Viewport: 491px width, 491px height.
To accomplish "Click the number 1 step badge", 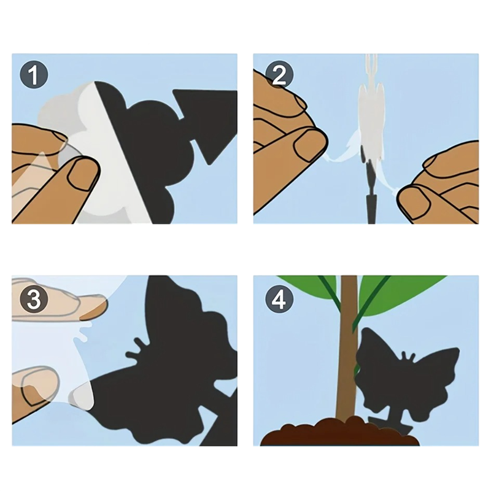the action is point(34,75).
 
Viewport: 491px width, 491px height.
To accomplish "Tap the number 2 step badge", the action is point(279,75).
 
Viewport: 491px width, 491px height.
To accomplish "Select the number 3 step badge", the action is point(34,299).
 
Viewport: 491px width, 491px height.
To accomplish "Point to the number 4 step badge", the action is point(279,299).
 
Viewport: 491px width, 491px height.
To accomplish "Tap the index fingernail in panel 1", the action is point(80,173).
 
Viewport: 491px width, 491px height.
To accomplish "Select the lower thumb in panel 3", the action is point(35,386).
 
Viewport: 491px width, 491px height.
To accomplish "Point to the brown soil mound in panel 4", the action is point(340,431).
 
